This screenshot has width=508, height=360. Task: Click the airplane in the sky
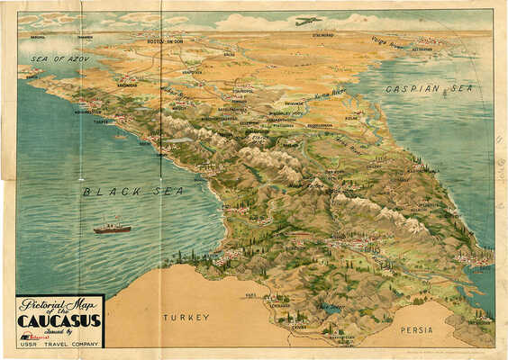(x=308, y=20)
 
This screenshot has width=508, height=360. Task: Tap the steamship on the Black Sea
(x=112, y=228)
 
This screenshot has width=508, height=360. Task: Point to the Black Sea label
(x=133, y=191)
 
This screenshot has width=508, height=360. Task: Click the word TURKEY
(x=186, y=317)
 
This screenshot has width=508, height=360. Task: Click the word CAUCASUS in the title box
(x=59, y=319)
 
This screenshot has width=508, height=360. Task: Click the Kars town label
(x=251, y=294)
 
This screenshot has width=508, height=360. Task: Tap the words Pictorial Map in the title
(x=55, y=303)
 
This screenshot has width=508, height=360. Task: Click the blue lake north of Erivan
(x=334, y=309)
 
